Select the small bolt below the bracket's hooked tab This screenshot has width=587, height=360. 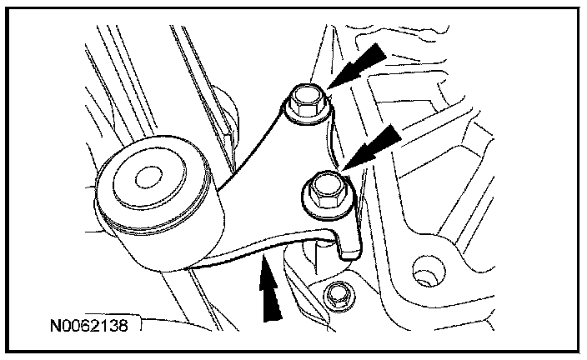tap(338, 296)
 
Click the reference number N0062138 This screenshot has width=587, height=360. tap(89, 325)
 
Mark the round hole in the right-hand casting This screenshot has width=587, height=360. tap(429, 270)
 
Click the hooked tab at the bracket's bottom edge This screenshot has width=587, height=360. tap(349, 244)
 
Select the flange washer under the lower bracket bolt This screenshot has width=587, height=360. tap(328, 193)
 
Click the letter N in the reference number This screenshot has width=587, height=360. tap(55, 325)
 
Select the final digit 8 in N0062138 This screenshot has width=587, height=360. tap(123, 325)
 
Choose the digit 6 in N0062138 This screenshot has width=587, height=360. tap(85, 325)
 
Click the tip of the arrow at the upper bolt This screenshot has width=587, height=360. tap(328, 88)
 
